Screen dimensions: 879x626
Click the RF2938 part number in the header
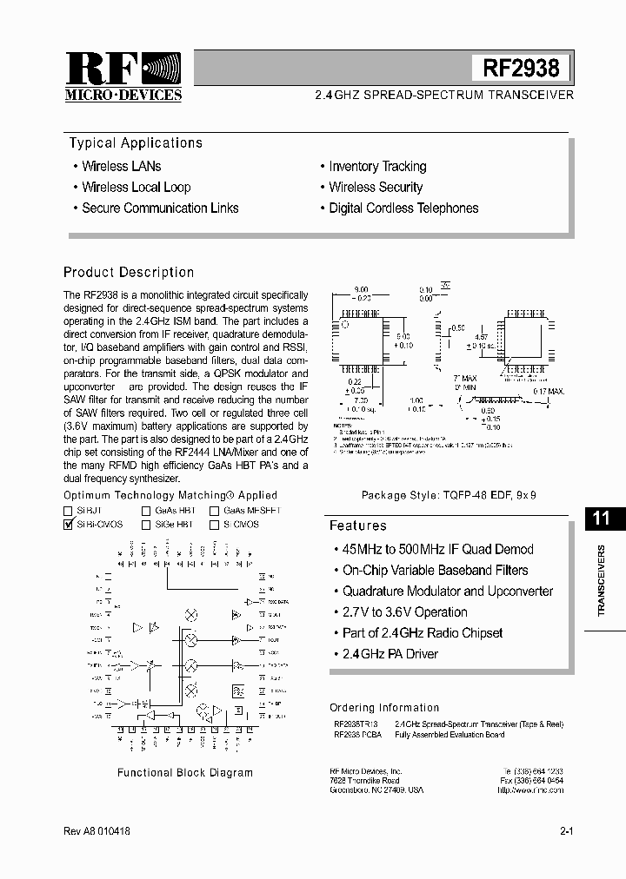[x=521, y=67]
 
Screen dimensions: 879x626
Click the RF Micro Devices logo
[x=123, y=76]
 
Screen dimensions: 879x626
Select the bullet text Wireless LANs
[x=122, y=166]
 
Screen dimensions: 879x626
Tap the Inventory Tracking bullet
[x=377, y=166]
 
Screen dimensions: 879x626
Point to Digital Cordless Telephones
[x=403, y=208]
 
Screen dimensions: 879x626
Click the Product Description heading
[x=129, y=272]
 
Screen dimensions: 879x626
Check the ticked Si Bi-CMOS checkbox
[x=69, y=525]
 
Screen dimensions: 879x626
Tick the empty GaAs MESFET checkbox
[x=214, y=512]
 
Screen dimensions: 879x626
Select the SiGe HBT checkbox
[x=146, y=525]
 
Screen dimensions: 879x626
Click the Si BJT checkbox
[x=69, y=512]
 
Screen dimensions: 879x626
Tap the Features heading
[x=357, y=525]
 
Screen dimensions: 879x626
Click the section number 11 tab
[x=602, y=519]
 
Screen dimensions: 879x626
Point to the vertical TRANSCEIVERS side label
[x=602, y=581]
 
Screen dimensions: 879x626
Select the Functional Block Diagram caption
[x=184, y=772]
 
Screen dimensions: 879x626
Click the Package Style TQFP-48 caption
[x=449, y=494]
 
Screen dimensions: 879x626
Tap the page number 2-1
[x=566, y=831]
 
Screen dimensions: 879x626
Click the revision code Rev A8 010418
[x=97, y=831]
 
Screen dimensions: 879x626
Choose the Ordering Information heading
[x=384, y=708]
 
